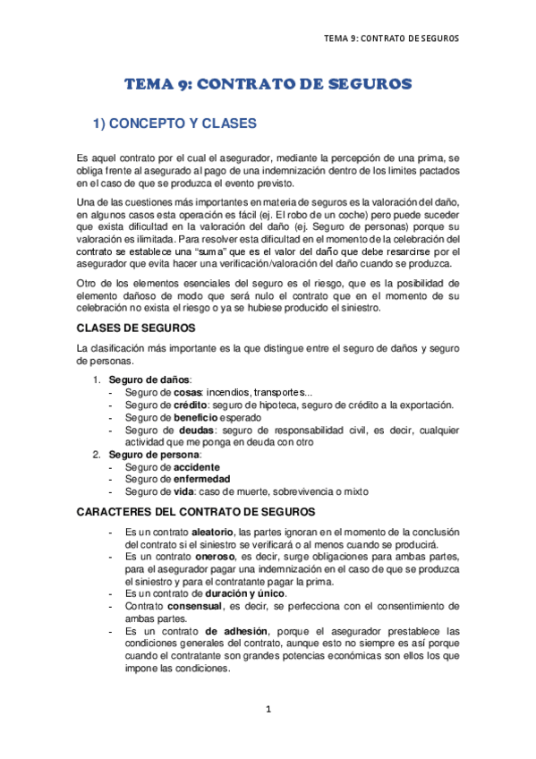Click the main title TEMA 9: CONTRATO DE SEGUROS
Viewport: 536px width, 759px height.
coord(268,84)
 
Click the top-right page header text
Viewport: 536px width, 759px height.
coord(391,38)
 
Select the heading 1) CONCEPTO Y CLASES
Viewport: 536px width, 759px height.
coord(175,123)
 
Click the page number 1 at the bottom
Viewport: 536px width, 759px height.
coord(268,710)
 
